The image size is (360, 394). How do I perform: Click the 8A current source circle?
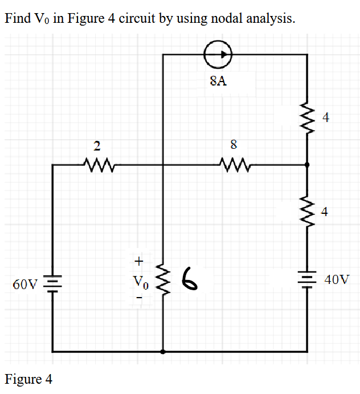click(x=218, y=54)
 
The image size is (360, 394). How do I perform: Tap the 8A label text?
click(x=218, y=81)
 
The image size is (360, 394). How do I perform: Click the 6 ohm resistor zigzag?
click(x=163, y=281)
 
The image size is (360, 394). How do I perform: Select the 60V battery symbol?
click(x=53, y=283)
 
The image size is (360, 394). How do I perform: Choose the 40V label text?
click(x=337, y=280)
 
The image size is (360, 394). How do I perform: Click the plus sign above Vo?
click(x=137, y=261)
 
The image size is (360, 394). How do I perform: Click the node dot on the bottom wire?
click(x=163, y=352)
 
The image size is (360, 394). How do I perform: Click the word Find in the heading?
click(x=18, y=18)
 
